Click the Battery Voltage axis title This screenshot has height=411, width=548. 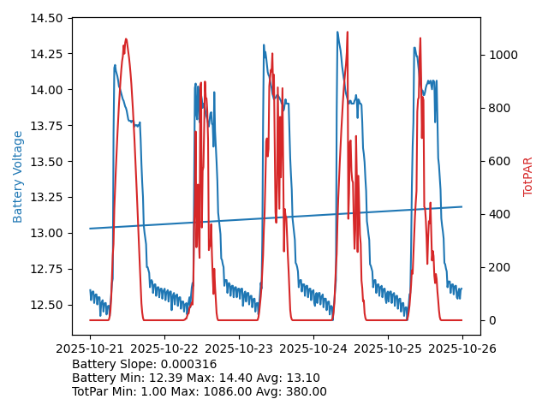(x=18, y=176)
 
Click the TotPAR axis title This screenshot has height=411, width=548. (x=528, y=176)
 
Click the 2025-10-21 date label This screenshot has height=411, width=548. (x=90, y=349)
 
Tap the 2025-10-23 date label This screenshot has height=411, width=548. (x=239, y=349)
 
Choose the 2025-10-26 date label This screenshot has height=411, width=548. (x=462, y=349)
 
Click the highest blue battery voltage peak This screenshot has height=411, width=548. (x=337, y=33)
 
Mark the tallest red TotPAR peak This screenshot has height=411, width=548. (x=126, y=39)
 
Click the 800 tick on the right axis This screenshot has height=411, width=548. (x=497, y=108)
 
